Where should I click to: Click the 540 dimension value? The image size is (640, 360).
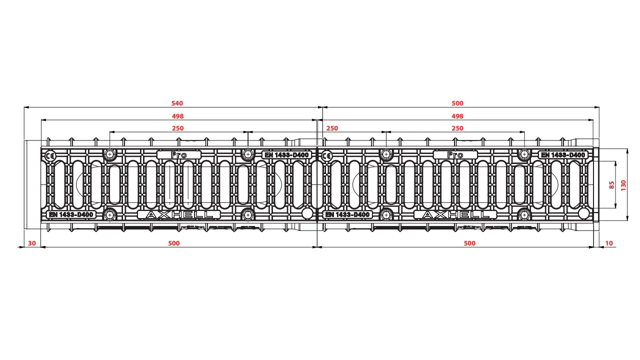pos(177,103)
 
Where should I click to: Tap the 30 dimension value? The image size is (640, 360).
pos(31,243)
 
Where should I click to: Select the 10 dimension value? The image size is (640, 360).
pos(609,243)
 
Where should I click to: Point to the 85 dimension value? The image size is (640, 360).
pos(611,185)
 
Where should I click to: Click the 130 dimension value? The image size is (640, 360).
pos(623,185)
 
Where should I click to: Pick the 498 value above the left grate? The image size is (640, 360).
pos(177,116)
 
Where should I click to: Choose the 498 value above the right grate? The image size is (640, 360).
pos(457,116)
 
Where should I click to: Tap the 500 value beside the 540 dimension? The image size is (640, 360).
pos(457,103)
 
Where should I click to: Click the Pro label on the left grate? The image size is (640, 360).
pos(179,155)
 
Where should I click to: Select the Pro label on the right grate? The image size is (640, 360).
pos(455,155)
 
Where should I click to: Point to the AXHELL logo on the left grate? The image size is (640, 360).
pos(179,214)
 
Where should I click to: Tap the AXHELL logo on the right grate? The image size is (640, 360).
pos(455,214)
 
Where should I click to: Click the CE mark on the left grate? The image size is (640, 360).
pos(50,156)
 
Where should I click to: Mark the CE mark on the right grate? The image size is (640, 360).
pos(326,156)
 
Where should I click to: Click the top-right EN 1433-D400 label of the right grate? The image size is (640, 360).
pos(563,155)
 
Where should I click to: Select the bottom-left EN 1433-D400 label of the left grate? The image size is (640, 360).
pos(71,214)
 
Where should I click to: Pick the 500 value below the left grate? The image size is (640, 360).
pos(173,243)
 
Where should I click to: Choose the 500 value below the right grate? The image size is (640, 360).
pos(469,243)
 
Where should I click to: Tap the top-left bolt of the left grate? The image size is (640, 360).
pos(109,154)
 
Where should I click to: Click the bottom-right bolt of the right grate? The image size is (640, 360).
pos(524,214)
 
